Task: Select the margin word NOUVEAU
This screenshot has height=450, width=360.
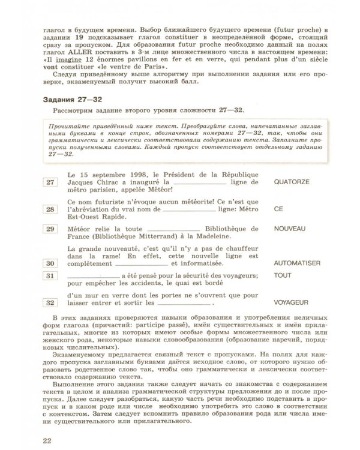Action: pyautogui.click(x=289, y=229)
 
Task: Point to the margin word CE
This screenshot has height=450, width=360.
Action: pyautogui.click(x=277, y=209)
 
